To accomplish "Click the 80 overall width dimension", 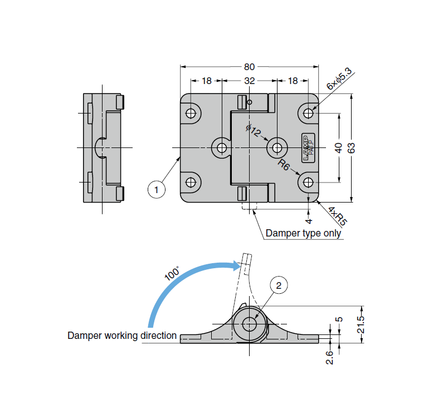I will click(x=249, y=66).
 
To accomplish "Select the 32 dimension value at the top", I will click(x=249, y=81).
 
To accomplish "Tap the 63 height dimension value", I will click(x=351, y=148).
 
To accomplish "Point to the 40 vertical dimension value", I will click(x=338, y=148).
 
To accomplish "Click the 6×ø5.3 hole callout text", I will click(x=339, y=78).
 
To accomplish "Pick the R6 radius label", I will click(x=284, y=165).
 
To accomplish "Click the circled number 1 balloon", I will click(x=157, y=190).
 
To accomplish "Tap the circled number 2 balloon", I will click(x=279, y=285).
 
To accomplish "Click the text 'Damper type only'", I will click(x=303, y=233).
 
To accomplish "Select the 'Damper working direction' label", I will click(x=122, y=336).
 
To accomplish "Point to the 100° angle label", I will click(x=172, y=273).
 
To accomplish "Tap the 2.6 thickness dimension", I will click(x=329, y=357).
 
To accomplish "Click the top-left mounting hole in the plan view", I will click(x=191, y=113).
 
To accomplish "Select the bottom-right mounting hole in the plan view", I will click(x=308, y=182).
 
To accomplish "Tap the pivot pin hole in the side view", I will click(x=249, y=324).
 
